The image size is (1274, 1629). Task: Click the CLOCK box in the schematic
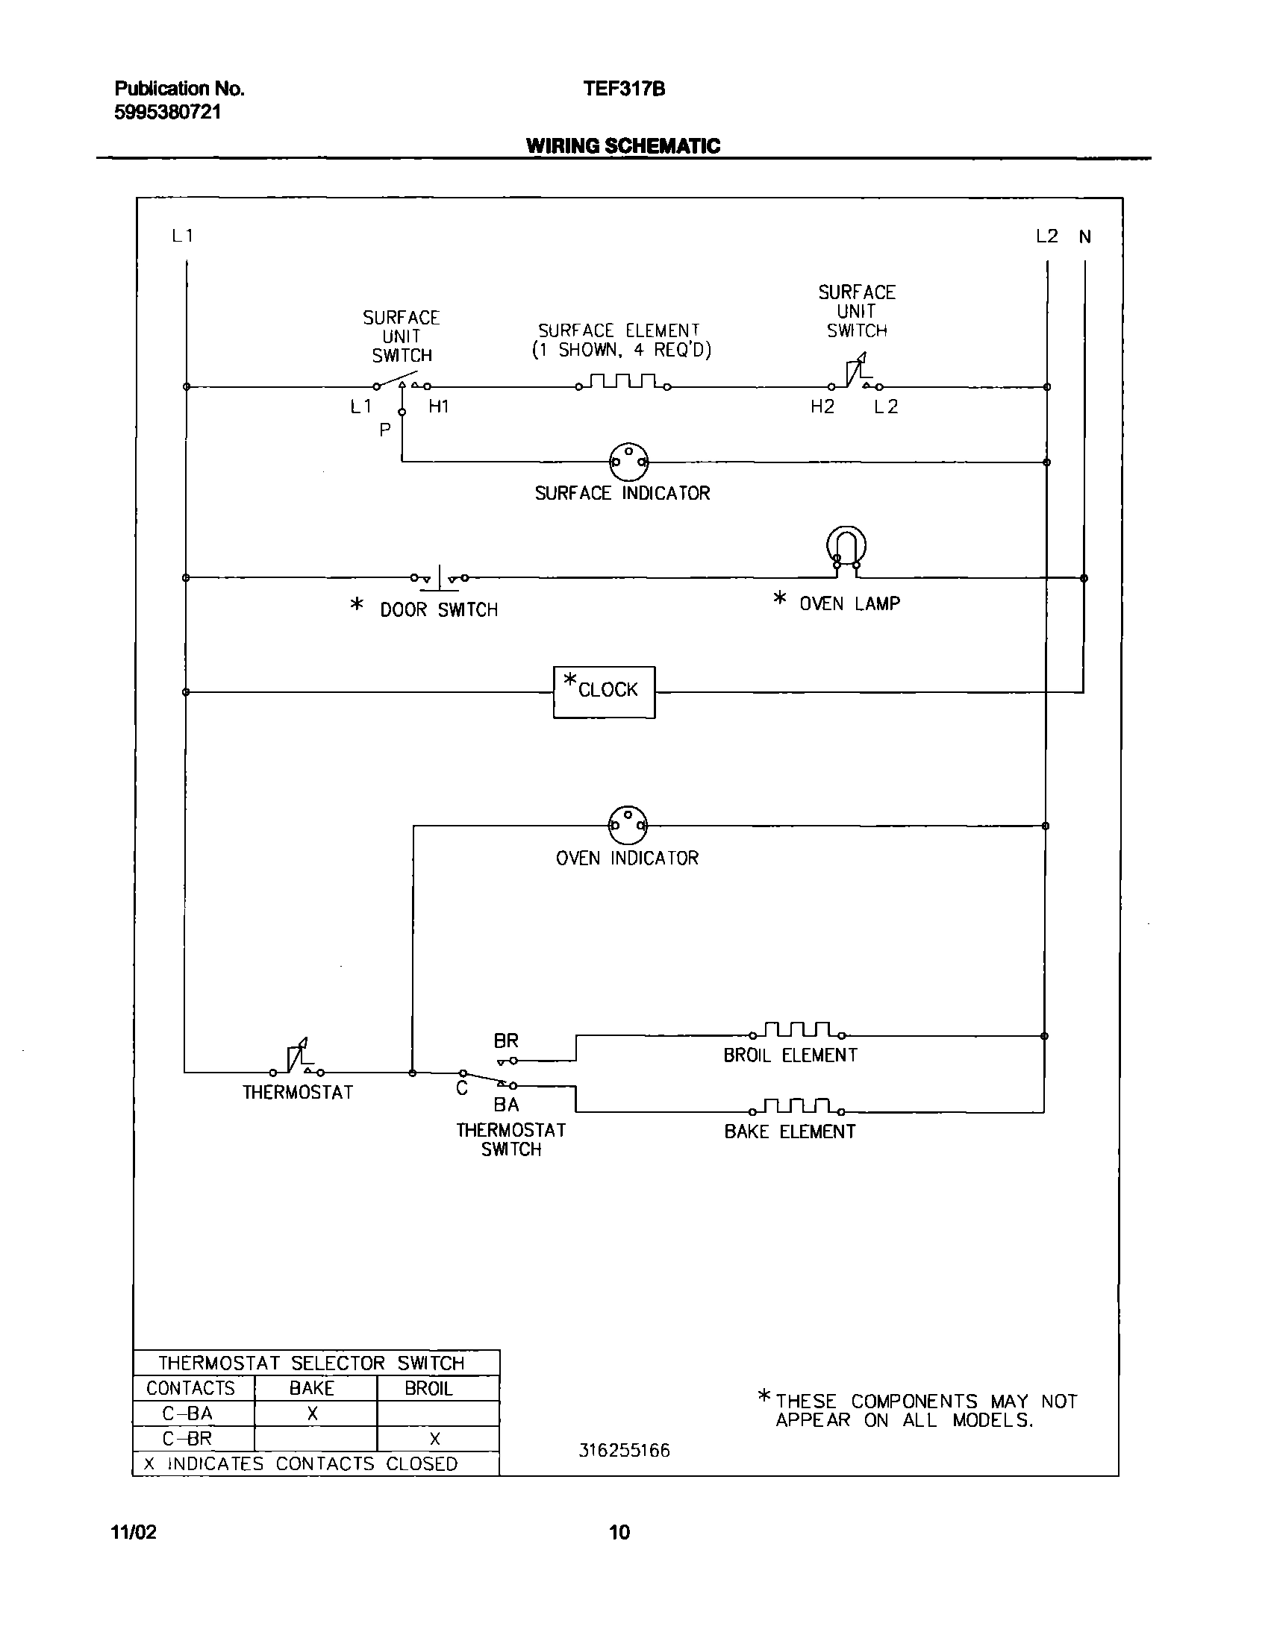click(604, 692)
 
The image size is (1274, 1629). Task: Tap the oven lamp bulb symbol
click(846, 549)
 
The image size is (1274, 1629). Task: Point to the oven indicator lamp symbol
click(628, 825)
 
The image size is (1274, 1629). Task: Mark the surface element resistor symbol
click(623, 383)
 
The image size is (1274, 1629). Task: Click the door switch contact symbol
click(440, 577)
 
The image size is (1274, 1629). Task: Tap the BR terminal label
click(506, 1041)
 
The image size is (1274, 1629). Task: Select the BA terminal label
click(506, 1105)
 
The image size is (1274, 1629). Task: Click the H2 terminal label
click(822, 407)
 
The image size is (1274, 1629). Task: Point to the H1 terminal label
click(439, 407)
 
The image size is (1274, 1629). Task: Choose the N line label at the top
click(1085, 236)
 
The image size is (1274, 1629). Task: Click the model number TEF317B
click(624, 90)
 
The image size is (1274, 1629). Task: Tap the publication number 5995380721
click(168, 113)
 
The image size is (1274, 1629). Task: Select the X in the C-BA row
click(313, 1413)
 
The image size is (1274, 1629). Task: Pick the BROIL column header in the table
click(428, 1388)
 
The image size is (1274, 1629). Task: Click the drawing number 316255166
click(625, 1451)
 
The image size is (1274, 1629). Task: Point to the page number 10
click(619, 1532)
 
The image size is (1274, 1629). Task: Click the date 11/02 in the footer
click(134, 1532)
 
